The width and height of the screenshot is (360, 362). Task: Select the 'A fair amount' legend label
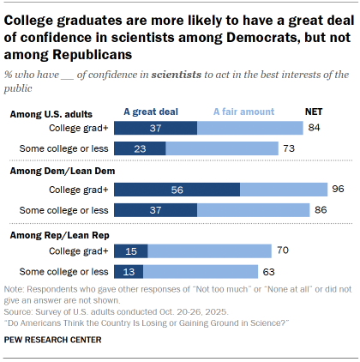point(243,112)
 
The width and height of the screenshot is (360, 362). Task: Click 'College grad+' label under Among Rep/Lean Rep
point(76,251)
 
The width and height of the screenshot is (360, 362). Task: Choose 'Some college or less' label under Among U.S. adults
point(61,148)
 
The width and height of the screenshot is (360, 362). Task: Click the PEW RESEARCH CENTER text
point(53,341)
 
